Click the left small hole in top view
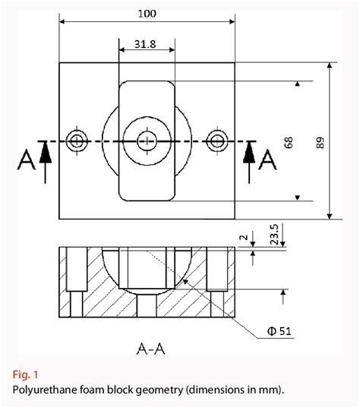(x=77, y=140)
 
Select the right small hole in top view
(x=219, y=140)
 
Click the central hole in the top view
(x=147, y=140)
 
